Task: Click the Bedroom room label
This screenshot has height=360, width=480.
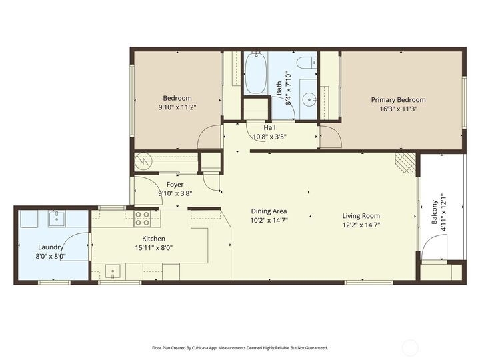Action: pos(177,98)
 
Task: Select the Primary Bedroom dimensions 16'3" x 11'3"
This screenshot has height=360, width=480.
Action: pos(398,109)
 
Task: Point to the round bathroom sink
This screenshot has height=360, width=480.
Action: pos(309,101)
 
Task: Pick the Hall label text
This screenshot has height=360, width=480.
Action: pos(269,127)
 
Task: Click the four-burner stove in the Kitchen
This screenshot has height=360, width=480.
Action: pos(143,218)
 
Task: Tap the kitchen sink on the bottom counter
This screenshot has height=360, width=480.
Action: pos(113,272)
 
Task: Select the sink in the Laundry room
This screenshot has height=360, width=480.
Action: pos(57,217)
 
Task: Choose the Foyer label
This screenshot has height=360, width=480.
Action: pos(175,185)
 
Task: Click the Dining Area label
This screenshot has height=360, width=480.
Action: pos(269,211)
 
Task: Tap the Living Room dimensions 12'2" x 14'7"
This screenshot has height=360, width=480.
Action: pos(361,225)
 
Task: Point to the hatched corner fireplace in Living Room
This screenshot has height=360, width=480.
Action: pos(404,162)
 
